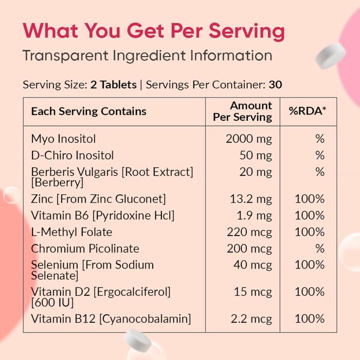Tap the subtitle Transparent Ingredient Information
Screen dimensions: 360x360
pyautogui.click(x=147, y=56)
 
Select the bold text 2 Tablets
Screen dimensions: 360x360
pyautogui.click(x=114, y=85)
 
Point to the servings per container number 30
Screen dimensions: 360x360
pyautogui.click(x=275, y=85)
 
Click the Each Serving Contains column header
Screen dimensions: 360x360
pyautogui.click(x=88, y=111)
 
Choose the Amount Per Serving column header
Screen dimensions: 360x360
pyautogui.click(x=243, y=111)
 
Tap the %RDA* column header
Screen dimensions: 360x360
pyautogui.click(x=308, y=111)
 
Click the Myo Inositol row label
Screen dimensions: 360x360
pyautogui.click(x=63, y=138)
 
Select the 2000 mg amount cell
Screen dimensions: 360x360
pyautogui.click(x=249, y=138)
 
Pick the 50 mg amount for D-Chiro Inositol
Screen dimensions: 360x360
pyautogui.click(x=256, y=155)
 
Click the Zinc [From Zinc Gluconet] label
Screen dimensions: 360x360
pyautogui.click(x=98, y=199)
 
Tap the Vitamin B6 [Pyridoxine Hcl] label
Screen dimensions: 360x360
pyautogui.click(x=103, y=215)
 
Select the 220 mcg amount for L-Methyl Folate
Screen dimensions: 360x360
pyautogui.click(x=249, y=232)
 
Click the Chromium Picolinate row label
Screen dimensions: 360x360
pyautogui.click(x=85, y=248)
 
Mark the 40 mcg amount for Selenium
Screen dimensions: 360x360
pyautogui.click(x=253, y=265)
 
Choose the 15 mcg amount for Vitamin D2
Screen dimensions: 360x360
pyautogui.click(x=253, y=292)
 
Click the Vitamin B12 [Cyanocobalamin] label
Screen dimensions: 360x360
pyautogui.click(x=111, y=319)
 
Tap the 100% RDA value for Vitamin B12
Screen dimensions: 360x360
pyautogui.click(x=310, y=319)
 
